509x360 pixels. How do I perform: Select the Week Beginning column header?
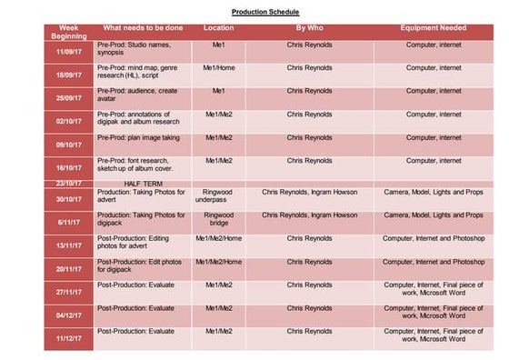(69, 32)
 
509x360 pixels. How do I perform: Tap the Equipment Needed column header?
(434, 28)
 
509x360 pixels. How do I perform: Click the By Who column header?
(310, 28)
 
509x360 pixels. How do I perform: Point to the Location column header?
(219, 28)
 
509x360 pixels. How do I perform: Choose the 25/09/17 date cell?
(69, 97)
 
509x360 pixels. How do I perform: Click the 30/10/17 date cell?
(69, 199)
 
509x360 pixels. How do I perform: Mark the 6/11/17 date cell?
(69, 223)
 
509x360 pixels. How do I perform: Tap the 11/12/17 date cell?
(69, 338)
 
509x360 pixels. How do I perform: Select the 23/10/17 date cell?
(69, 183)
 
